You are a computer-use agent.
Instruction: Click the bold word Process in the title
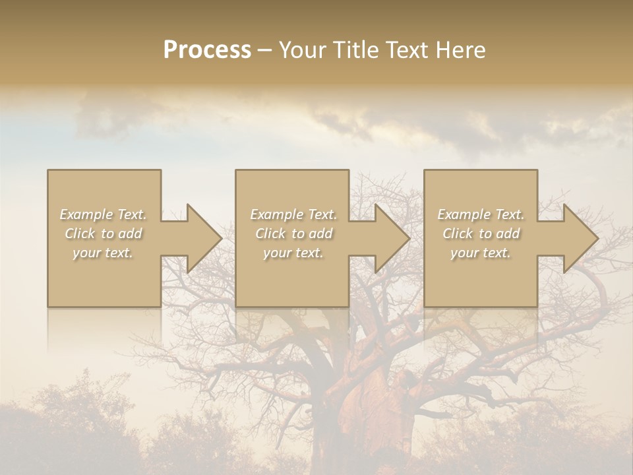207,50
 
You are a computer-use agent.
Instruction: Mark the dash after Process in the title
264,51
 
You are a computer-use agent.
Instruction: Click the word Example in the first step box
86,214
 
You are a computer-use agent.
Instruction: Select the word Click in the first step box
80,234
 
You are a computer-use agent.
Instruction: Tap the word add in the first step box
131,234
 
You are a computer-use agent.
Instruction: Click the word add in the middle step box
321,234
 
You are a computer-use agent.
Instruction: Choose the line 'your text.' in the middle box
293,253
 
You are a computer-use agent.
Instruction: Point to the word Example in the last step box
464,214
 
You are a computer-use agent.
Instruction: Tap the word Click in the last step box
458,234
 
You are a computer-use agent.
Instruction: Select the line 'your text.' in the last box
480,253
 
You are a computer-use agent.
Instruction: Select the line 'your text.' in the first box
102,253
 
